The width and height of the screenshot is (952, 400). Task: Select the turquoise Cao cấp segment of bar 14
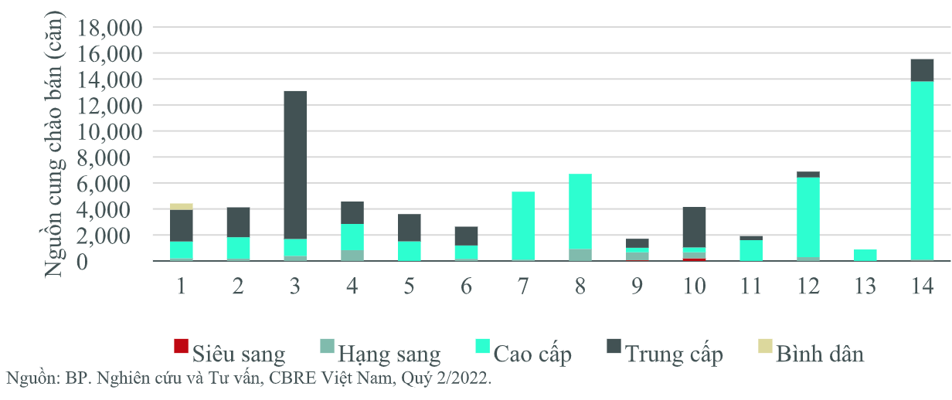922,171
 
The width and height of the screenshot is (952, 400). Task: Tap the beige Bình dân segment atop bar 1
181,206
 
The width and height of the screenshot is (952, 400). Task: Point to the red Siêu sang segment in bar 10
695,259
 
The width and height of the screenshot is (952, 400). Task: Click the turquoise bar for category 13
865,255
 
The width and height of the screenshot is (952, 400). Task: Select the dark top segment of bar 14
922,70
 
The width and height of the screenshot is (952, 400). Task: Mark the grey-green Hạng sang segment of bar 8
580,255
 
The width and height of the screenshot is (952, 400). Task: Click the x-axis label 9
637,286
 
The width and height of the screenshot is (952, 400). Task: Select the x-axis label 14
922,286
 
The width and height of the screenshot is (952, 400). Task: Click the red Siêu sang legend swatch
181,347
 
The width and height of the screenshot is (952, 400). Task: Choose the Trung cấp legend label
674,354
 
